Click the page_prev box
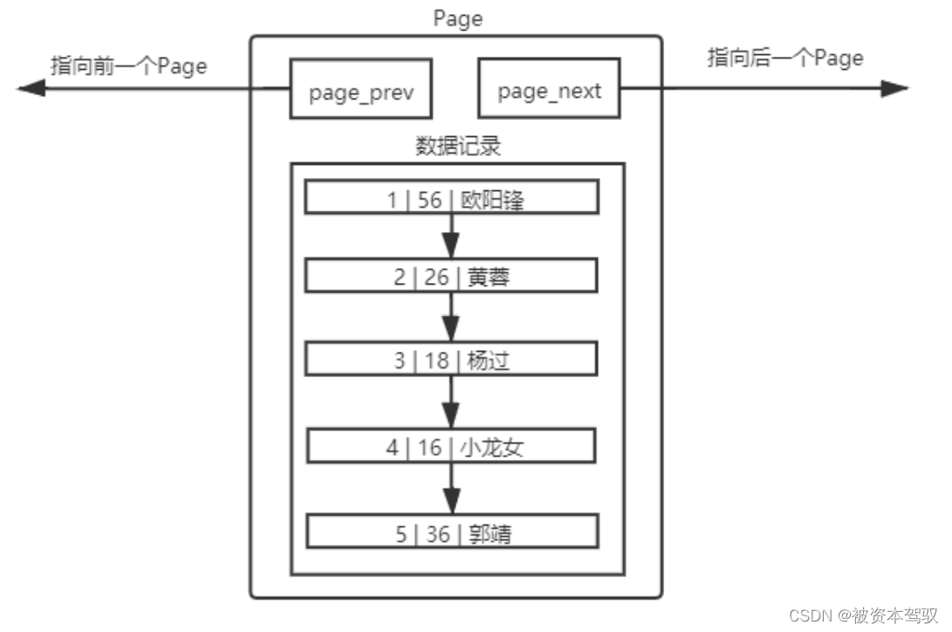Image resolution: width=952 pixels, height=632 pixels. (360, 89)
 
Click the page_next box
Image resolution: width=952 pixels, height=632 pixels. (549, 89)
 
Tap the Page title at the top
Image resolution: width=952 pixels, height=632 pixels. (457, 18)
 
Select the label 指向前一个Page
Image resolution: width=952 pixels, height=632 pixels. (128, 65)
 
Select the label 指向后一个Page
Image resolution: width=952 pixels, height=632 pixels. (784, 58)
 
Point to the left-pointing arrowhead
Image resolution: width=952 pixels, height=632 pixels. (31, 88)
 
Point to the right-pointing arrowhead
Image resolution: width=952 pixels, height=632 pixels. (894, 88)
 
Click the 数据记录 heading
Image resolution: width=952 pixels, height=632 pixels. (457, 146)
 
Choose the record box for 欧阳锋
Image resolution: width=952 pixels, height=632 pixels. (451, 197)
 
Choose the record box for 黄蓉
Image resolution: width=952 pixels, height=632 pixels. (451, 276)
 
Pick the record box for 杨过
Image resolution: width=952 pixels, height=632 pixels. (451, 359)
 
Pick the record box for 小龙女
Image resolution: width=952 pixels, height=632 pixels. (451, 446)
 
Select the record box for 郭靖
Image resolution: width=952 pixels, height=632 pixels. (451, 531)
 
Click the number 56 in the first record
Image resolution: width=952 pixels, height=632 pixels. (429, 200)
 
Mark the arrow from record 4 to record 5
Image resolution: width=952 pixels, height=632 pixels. (451, 489)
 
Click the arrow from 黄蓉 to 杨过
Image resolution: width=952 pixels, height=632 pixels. (451, 317)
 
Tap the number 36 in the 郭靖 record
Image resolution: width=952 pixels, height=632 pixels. (437, 533)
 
